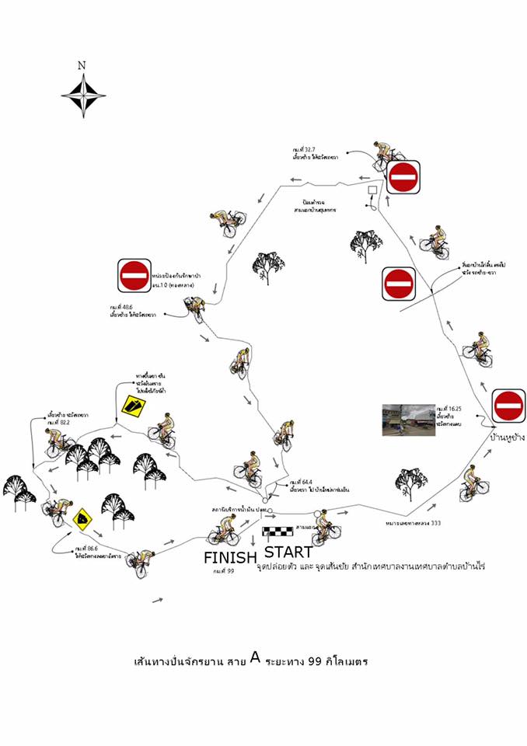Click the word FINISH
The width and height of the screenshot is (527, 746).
tap(230, 557)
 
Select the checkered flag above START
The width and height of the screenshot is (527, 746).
tap(277, 533)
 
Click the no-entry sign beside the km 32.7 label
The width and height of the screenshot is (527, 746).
tap(403, 178)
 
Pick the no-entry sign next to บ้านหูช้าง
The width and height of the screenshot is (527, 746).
tap(509, 405)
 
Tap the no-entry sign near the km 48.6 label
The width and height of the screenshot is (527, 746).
tap(134, 274)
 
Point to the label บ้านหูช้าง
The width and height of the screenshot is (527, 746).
tap(507, 437)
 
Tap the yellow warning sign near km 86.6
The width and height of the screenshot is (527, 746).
tap(82, 517)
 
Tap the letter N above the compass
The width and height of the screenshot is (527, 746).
tap(82, 66)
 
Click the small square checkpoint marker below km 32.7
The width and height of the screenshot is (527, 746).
tap(372, 190)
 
